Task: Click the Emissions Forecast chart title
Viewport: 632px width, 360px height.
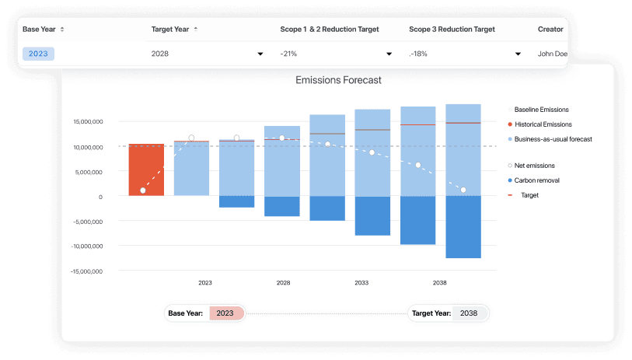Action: point(339,80)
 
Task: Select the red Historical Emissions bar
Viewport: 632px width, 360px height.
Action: point(146,170)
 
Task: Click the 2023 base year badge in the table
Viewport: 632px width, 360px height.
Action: point(38,54)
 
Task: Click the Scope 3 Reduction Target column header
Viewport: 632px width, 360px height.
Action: point(452,30)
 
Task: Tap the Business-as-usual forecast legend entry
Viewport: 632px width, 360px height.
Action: point(553,139)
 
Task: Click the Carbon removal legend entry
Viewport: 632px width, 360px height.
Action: point(536,180)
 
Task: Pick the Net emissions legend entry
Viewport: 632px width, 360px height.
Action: point(534,166)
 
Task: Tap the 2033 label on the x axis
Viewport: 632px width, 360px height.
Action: point(361,283)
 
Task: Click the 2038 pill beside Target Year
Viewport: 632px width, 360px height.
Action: point(470,313)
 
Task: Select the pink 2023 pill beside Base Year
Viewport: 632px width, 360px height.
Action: point(225,313)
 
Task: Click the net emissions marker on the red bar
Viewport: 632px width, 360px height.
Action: point(143,190)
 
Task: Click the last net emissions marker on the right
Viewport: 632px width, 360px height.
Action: point(463,190)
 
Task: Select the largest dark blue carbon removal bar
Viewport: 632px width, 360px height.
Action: point(463,226)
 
